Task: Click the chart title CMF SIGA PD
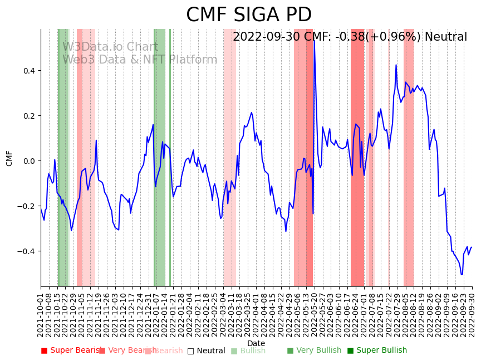pyautogui.click(x=248, y=15)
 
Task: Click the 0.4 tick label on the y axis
pyautogui.click(x=29, y=71)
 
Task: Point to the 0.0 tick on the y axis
pyautogui.click(x=29, y=161)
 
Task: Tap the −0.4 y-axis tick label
pyautogui.click(x=27, y=251)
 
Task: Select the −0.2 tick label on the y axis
pyautogui.click(x=27, y=206)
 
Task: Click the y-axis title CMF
pyautogui.click(x=9, y=158)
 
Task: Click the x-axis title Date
pyautogui.click(x=256, y=343)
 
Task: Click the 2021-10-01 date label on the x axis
pyautogui.click(x=41, y=315)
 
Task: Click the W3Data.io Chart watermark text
pyautogui.click(x=110, y=47)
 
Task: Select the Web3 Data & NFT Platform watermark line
pyautogui.click(x=139, y=60)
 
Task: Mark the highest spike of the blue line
pyautogui.click(x=314, y=40)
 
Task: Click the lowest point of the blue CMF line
pyautogui.click(x=462, y=274)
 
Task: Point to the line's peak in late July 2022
pyautogui.click(x=396, y=65)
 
